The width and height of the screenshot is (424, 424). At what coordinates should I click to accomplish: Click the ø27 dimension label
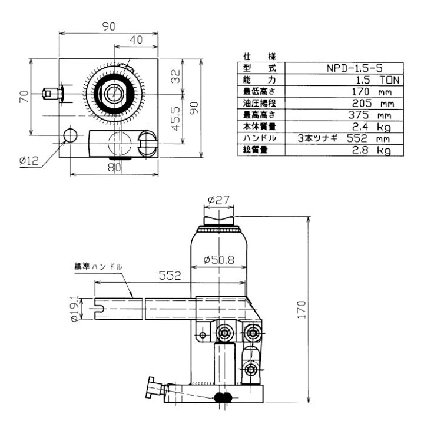click(218, 200)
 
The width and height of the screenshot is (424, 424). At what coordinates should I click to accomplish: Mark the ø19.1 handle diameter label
click(75, 307)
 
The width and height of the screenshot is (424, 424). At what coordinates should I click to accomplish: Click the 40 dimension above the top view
click(136, 39)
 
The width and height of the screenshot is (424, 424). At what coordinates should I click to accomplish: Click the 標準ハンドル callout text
click(98, 266)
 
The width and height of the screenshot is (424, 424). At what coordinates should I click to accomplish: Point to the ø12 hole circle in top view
click(71, 135)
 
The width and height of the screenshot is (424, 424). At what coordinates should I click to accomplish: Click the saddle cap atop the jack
click(221, 220)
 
